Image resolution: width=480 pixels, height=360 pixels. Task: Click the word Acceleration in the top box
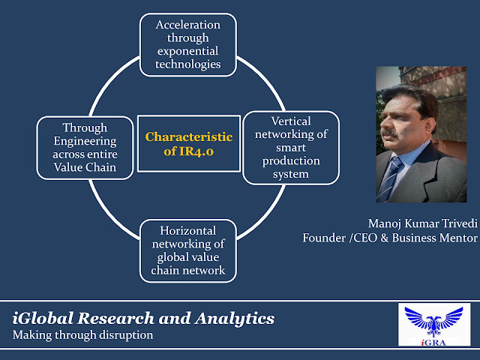tap(188, 25)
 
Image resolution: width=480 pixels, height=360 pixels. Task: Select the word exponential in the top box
tap(188, 52)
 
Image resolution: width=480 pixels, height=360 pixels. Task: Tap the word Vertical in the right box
tap(291, 121)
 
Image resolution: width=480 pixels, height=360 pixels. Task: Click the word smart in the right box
tap(291, 148)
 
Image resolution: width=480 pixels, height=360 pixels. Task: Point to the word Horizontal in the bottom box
tap(188, 230)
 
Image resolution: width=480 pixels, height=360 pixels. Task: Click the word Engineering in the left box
tap(85, 142)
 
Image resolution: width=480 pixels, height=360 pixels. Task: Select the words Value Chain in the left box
tap(85, 167)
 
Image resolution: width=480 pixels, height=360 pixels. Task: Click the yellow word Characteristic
tap(189, 136)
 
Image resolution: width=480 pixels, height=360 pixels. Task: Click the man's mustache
tap(389, 133)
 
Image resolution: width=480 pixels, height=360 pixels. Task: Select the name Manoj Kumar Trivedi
tap(423, 223)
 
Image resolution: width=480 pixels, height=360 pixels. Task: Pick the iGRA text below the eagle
tap(433, 343)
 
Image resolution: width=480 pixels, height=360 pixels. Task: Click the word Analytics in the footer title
tap(234, 318)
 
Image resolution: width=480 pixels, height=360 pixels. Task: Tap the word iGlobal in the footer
tap(43, 318)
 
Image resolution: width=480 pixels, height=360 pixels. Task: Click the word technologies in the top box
tap(188, 64)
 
